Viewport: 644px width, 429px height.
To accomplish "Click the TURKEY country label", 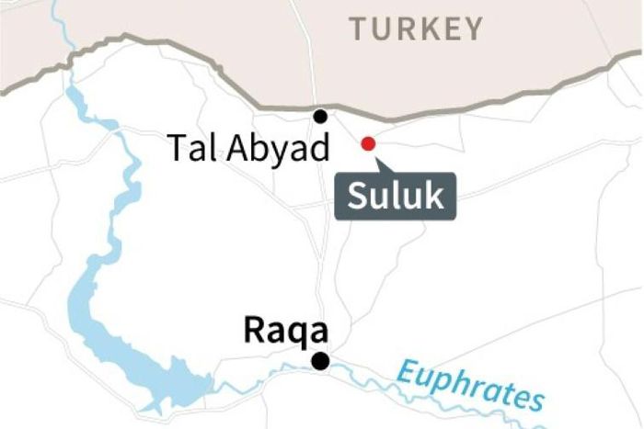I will [416, 28].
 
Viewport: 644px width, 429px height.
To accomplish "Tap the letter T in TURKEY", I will [358, 28].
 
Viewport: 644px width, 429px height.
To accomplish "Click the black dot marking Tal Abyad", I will [320, 116].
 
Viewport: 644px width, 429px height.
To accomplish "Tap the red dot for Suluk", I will [368, 143].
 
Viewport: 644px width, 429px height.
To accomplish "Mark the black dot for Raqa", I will [320, 361].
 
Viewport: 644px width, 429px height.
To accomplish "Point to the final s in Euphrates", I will [533, 401].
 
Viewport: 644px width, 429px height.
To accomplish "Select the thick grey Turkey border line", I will [184, 65].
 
